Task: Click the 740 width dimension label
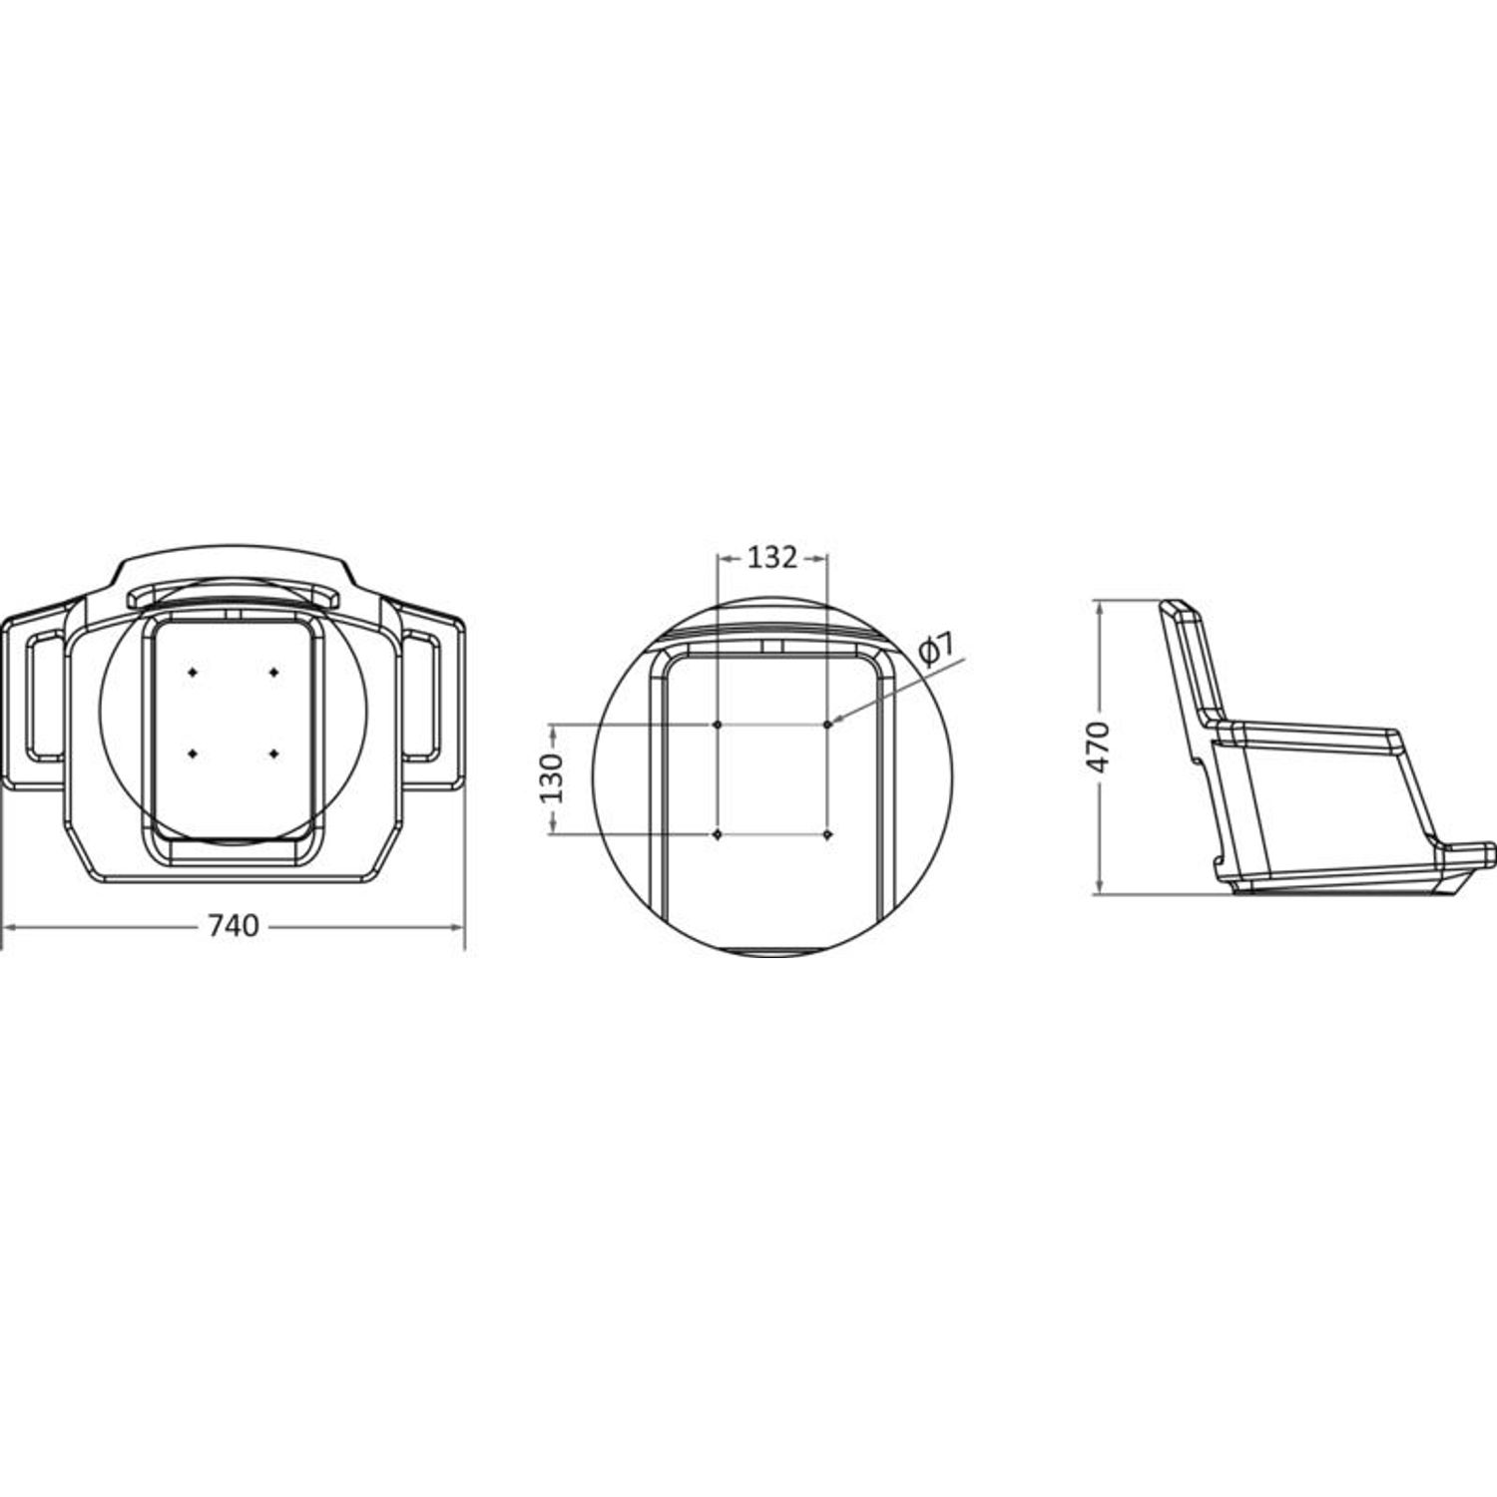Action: coord(234,926)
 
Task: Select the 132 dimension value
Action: coord(772,557)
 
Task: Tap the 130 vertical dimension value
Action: coord(551,778)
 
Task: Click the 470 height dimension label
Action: coord(1098,746)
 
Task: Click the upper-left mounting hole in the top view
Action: coord(193,673)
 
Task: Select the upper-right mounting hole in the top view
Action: coord(273,673)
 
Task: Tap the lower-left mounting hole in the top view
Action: coord(193,752)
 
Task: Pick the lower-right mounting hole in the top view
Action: coord(273,752)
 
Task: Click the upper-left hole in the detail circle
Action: coord(718,724)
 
